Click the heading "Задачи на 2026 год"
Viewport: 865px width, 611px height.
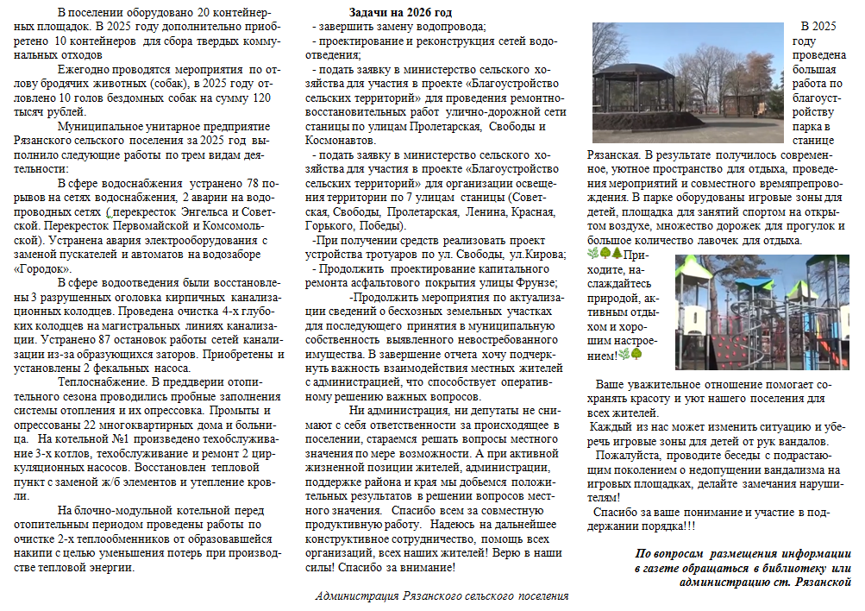(400, 13)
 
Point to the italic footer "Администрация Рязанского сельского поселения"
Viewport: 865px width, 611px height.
(442, 595)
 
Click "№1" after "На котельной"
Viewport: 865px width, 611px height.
(116, 438)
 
